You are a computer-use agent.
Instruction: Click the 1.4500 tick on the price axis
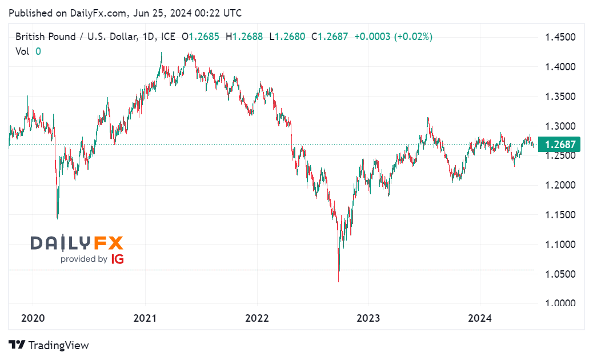(560, 38)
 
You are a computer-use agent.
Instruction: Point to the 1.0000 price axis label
(560, 303)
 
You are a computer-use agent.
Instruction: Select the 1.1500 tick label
(560, 215)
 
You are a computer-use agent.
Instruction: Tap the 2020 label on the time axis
(33, 319)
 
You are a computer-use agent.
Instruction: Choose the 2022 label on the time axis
(257, 319)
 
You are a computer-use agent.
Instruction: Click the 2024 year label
(480, 319)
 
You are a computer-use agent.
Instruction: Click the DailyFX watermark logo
(77, 243)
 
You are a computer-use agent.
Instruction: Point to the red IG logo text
(117, 259)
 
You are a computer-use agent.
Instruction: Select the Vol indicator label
(22, 51)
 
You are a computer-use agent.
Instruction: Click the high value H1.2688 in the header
(244, 37)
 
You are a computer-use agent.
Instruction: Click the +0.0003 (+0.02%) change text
(393, 37)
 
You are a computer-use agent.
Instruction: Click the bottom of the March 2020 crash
(58, 218)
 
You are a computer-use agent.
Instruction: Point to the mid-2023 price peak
(428, 118)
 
